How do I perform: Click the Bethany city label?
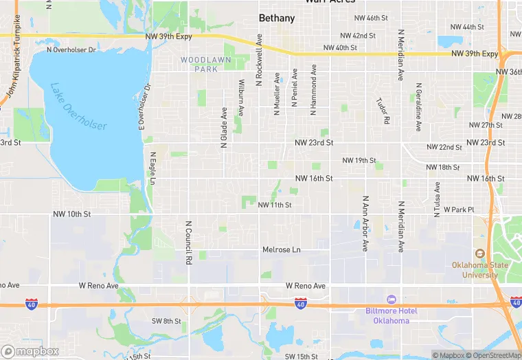point(277,19)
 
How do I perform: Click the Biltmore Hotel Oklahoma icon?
point(391,300)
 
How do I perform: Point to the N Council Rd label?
point(187,243)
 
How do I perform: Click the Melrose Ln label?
point(282,249)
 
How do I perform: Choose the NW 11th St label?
point(275,205)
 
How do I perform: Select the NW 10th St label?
point(71,214)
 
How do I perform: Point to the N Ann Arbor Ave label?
point(365,223)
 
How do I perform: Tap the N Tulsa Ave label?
point(435,199)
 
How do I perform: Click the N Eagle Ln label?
point(152,169)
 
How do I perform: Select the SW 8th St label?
point(166,321)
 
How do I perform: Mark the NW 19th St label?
point(359,161)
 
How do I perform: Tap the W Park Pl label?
point(459,209)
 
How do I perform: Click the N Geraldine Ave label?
point(418,107)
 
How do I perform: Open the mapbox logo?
point(30,351)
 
